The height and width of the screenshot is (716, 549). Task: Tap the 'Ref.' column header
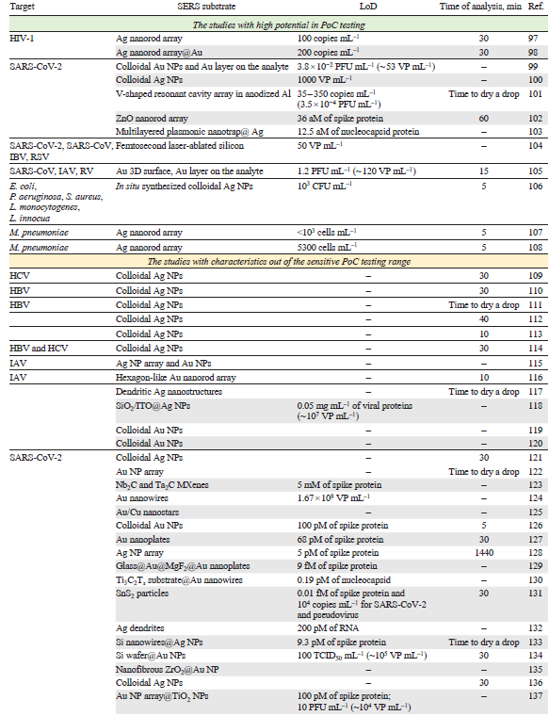pos(528,8)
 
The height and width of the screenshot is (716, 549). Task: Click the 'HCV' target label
pos(19,274)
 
